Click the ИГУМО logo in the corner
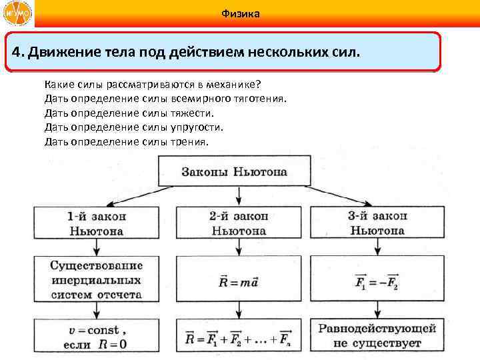[x=17, y=14]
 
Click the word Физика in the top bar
[x=239, y=14]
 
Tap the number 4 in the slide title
[x=15, y=51]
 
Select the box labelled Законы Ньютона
[x=235, y=171]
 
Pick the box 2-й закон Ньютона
[x=239, y=223]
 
